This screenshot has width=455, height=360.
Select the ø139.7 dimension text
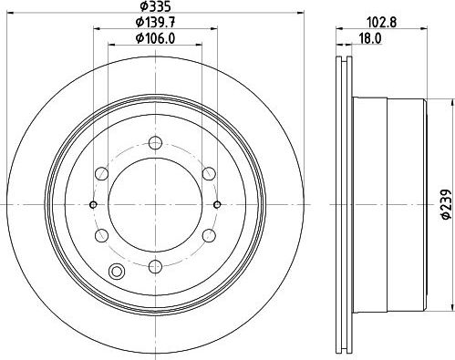pyautogui.click(x=156, y=22)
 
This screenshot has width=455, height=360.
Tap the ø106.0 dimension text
pyautogui.click(x=156, y=38)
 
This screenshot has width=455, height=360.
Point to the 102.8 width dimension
pyautogui.click(x=382, y=22)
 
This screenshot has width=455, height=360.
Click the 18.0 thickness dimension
pyautogui.click(x=370, y=39)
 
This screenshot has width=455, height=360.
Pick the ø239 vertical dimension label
pyautogui.click(x=446, y=203)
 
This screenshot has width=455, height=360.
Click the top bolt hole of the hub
pyautogui.click(x=155, y=143)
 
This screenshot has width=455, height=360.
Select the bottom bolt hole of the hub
pyautogui.click(x=155, y=266)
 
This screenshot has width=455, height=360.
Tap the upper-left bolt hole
pyautogui.click(x=101, y=174)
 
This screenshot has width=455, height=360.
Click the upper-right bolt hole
pyautogui.click(x=209, y=174)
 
